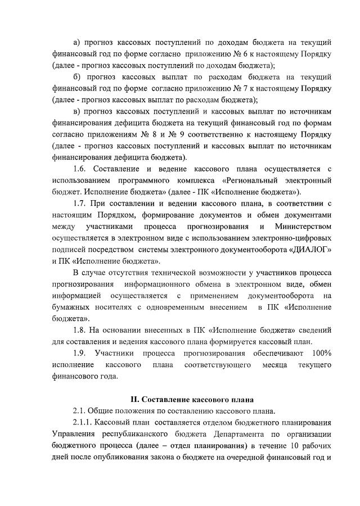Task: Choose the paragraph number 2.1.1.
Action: (83, 423)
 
